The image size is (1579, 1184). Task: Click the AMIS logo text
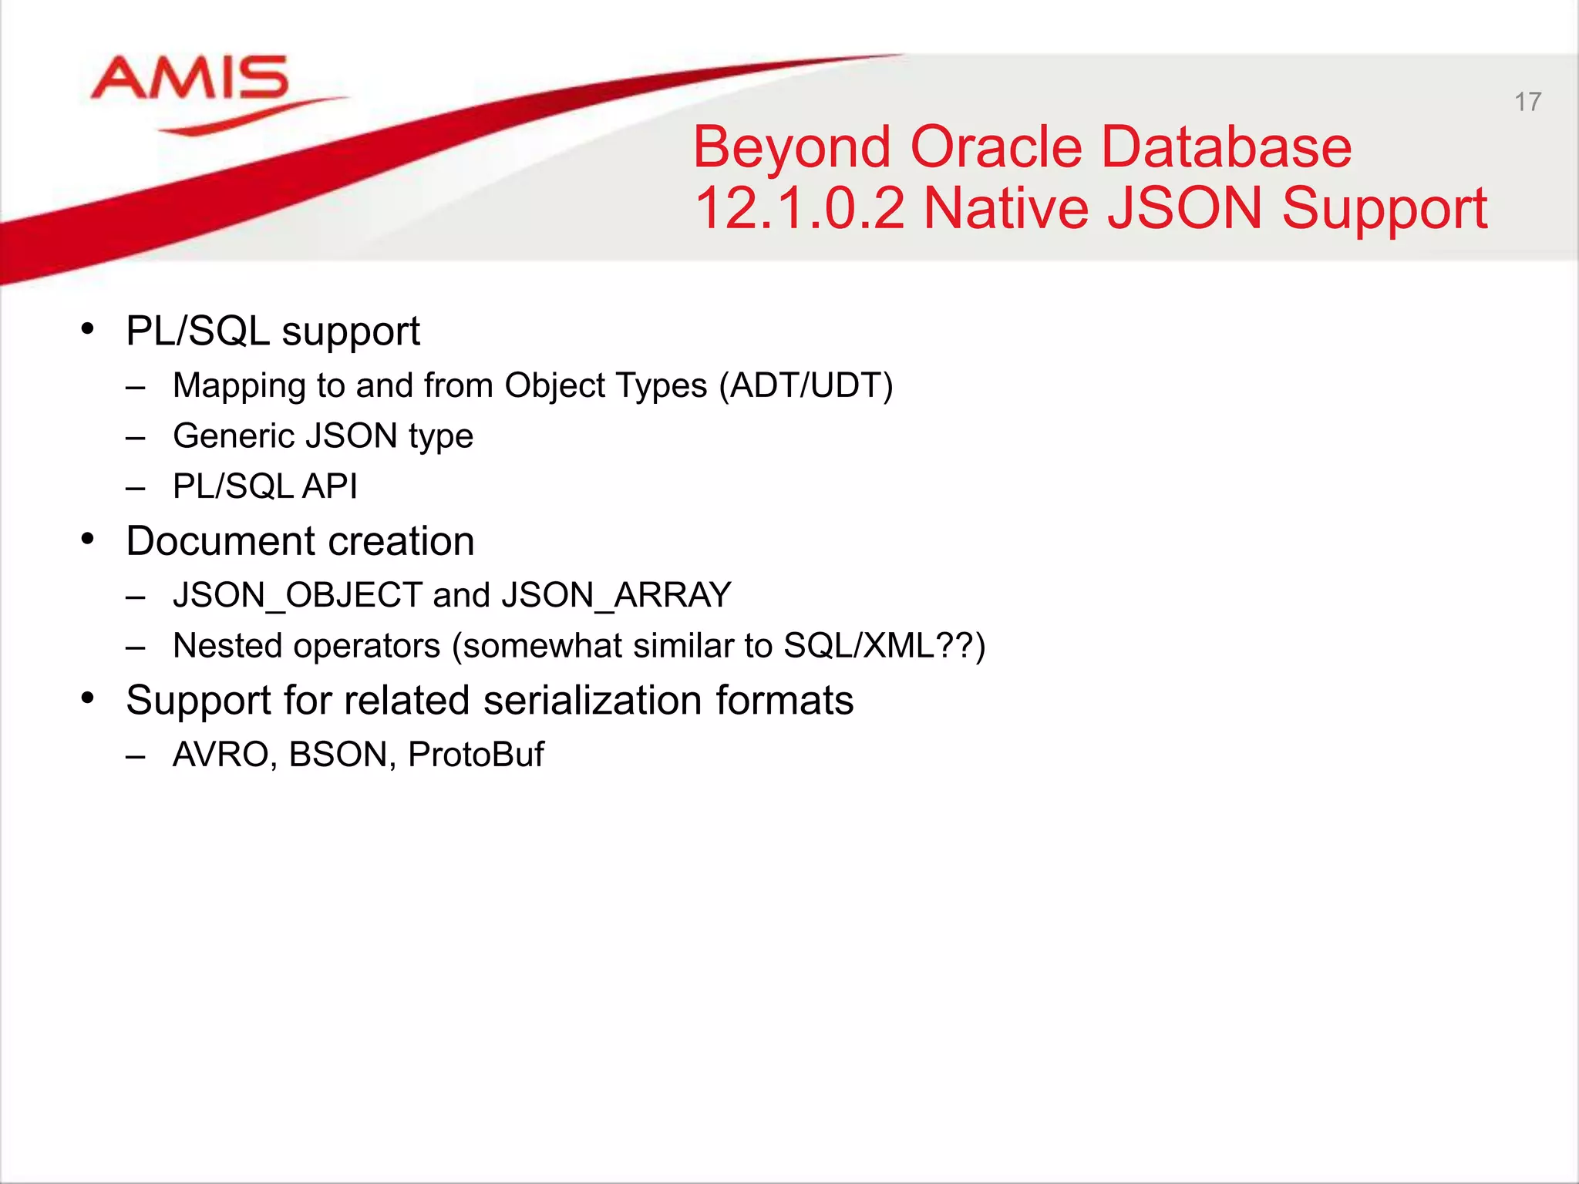tap(190, 79)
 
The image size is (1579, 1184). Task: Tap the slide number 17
tap(1527, 102)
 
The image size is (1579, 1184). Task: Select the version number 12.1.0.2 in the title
tap(799, 208)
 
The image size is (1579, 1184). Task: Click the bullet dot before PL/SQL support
tap(88, 329)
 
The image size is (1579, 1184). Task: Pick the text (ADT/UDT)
tap(806, 385)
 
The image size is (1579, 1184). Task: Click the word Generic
tap(234, 436)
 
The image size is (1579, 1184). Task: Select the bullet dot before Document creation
tap(88, 539)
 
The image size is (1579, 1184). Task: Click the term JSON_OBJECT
tap(297, 595)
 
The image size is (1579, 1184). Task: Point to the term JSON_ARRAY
tap(615, 595)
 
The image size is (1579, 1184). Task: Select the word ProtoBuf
tap(476, 755)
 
